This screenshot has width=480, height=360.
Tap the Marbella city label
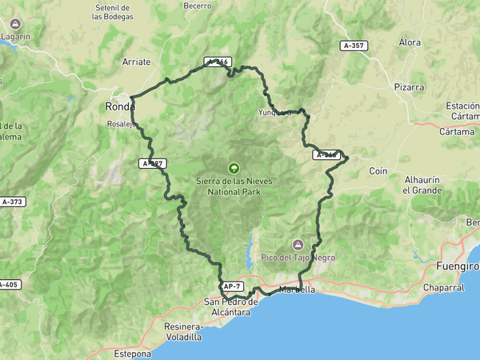coord(297,290)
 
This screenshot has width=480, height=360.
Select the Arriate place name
coord(137,62)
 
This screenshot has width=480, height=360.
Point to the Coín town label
coord(378,171)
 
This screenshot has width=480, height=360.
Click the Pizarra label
coord(409,86)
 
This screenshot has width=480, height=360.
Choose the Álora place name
coord(410,42)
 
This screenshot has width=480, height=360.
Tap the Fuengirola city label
coord(458,266)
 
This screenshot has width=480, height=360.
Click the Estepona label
coord(132,353)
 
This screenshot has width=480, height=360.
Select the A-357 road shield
coord(352,46)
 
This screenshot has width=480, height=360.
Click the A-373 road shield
coord(11,202)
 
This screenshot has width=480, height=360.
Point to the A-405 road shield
coord(7,284)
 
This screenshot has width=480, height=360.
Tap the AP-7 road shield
coord(231,286)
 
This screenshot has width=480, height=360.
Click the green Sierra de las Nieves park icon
coord(234,168)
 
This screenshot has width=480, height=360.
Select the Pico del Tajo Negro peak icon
coord(298,244)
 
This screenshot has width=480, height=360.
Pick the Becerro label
coord(197,5)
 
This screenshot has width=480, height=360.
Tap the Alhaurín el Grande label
coord(422,186)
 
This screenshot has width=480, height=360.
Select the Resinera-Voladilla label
coord(182,332)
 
